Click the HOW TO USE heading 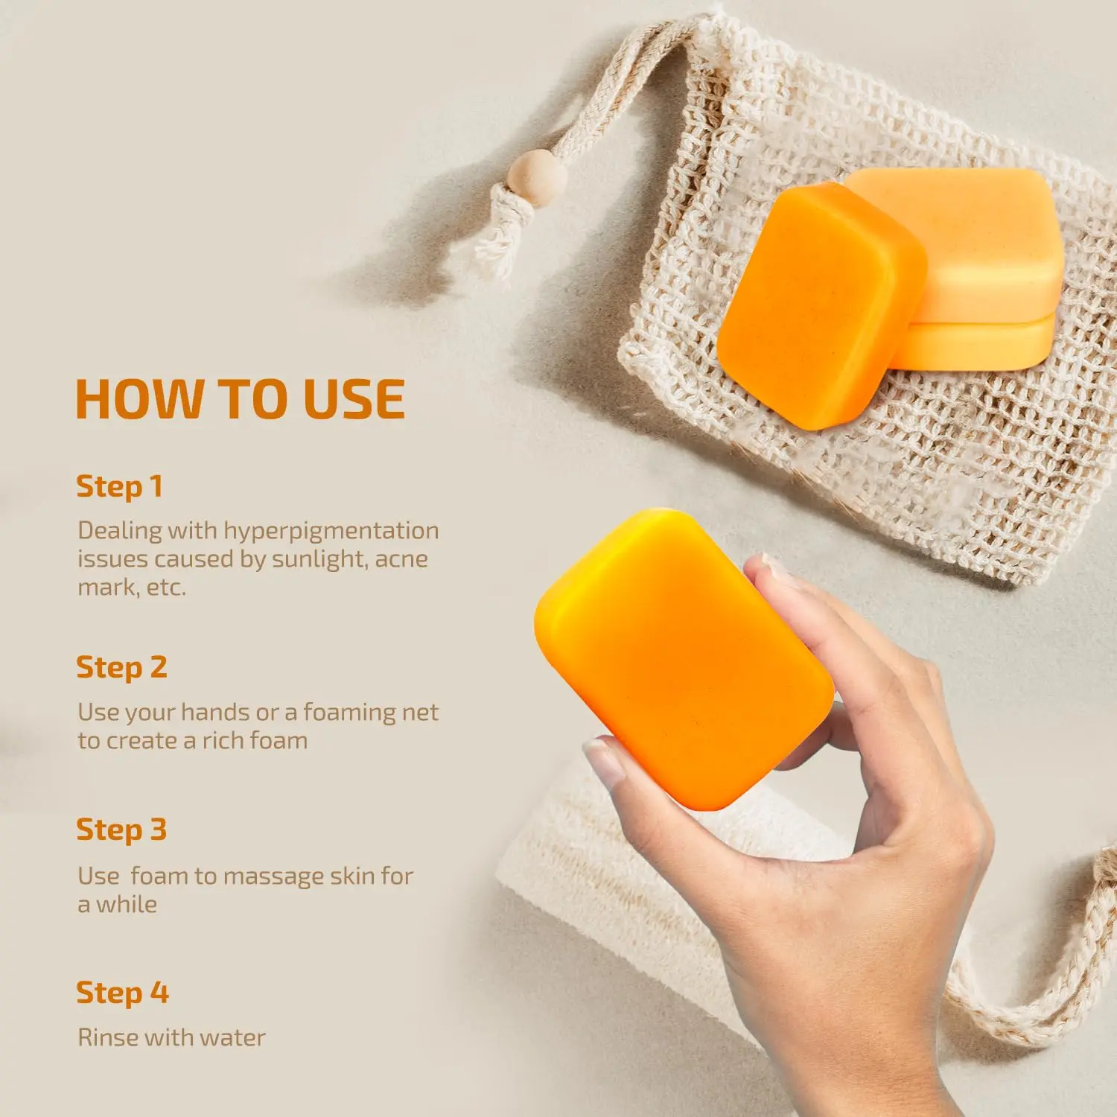coord(241,399)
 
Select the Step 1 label coord(119,487)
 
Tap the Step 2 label coord(121,668)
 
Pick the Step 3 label coord(121,830)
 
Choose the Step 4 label coord(122,993)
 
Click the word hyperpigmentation coord(331,532)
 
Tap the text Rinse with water coord(171,1037)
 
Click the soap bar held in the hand coord(683,659)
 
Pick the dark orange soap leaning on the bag coord(821,306)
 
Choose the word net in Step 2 coord(420,713)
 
